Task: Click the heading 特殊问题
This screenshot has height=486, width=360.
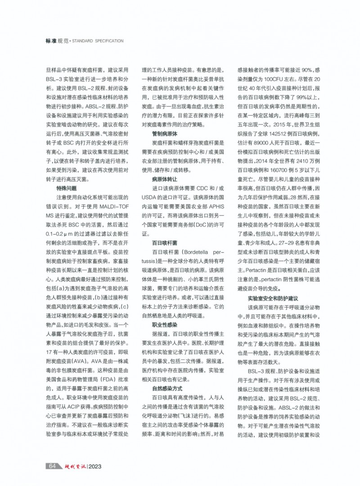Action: tap(66, 188)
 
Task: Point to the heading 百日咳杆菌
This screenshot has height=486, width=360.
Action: tap(165, 242)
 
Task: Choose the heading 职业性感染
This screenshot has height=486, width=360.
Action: tap(165, 324)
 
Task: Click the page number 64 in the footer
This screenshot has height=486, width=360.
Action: tap(52, 466)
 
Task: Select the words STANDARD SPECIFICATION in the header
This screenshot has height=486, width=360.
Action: tap(98, 41)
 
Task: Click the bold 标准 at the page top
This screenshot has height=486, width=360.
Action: tap(51, 41)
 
